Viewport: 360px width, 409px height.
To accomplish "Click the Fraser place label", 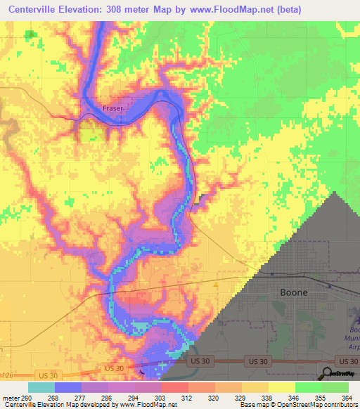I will [112, 108].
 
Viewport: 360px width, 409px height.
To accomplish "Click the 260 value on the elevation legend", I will [27, 397].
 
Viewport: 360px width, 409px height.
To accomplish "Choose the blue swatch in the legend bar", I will [67, 387].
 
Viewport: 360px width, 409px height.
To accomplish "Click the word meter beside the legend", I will [10, 397].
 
